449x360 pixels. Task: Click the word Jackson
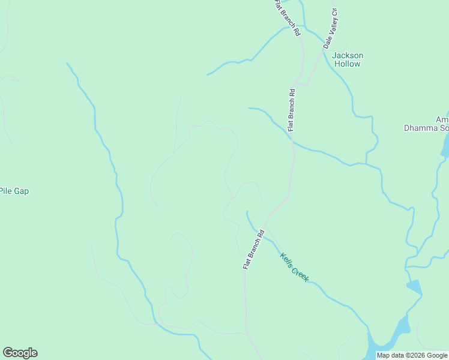(348, 56)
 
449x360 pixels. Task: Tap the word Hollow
(348, 64)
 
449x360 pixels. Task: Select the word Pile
(7, 191)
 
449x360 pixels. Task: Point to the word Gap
(22, 191)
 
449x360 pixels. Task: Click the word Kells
(287, 260)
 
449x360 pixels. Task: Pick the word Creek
(300, 274)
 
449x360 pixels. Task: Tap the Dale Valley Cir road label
(331, 29)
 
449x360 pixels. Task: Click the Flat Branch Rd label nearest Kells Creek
(253, 249)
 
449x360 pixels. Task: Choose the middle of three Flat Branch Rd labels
(291, 110)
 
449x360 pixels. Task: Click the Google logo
(20, 353)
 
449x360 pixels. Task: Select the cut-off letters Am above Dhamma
(442, 119)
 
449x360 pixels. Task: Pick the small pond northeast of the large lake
(414, 287)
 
